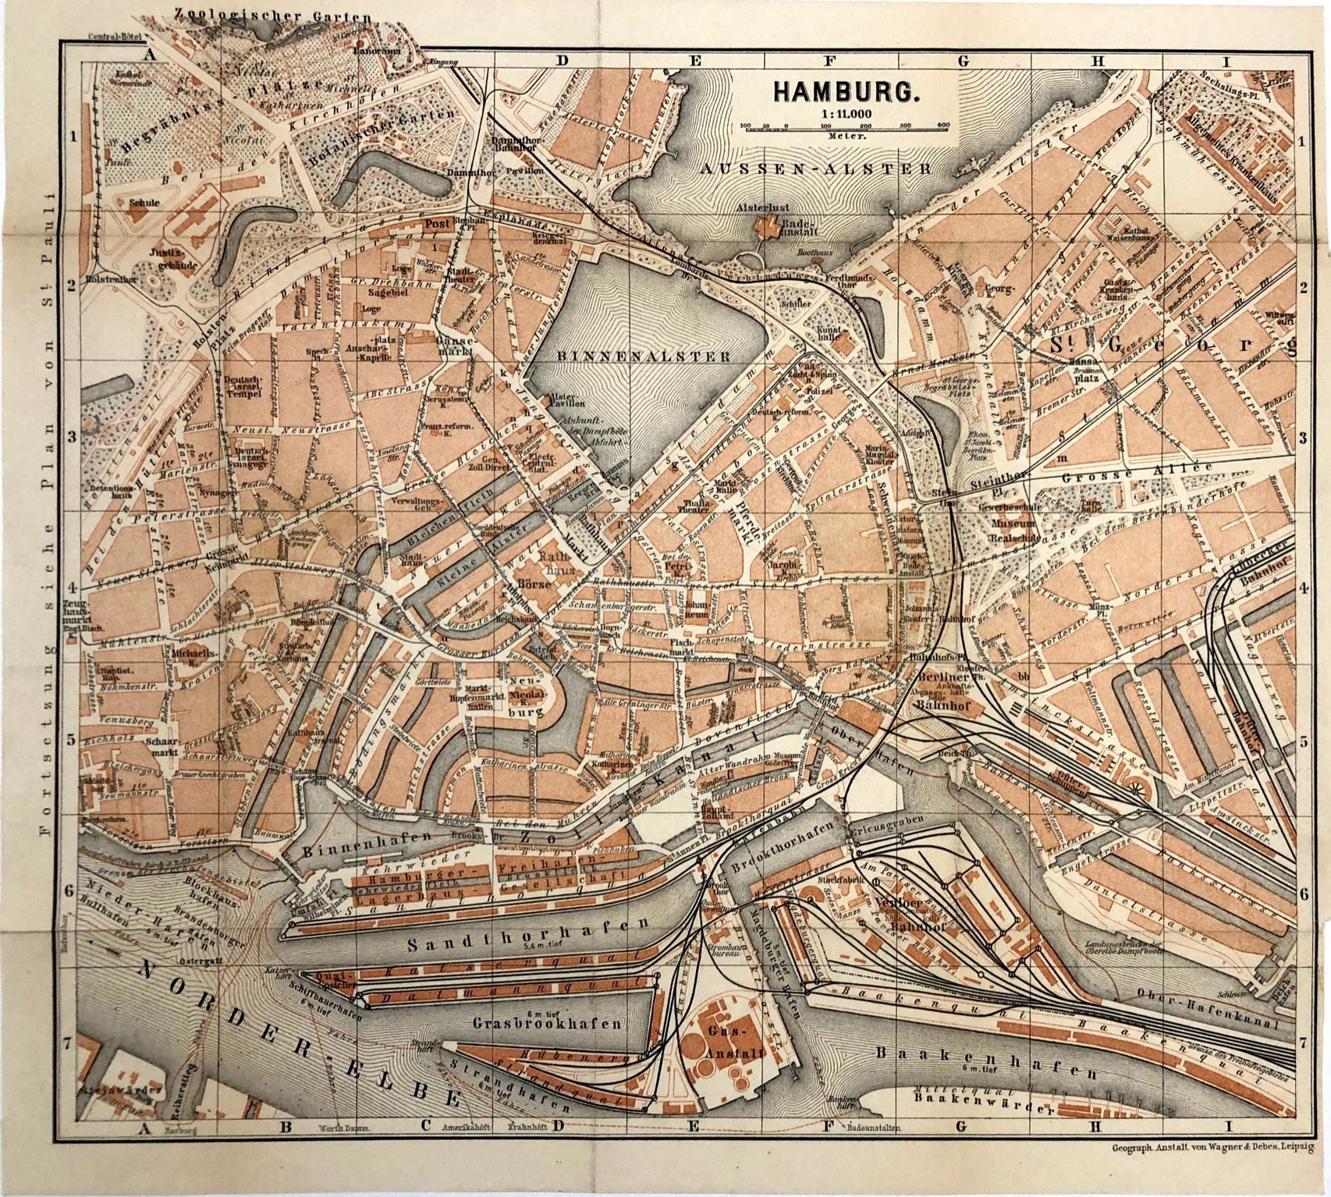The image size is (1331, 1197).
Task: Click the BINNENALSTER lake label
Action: (643, 356)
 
